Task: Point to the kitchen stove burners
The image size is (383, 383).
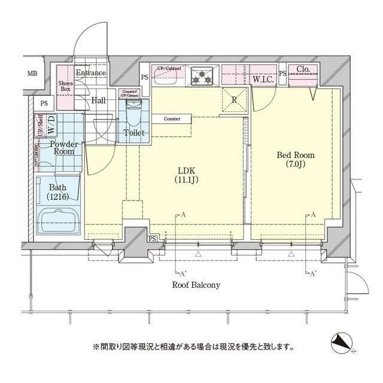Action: [203, 75]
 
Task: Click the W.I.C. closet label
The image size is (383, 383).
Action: [263, 78]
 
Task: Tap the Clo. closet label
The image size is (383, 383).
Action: [303, 69]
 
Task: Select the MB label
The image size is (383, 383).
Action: [32, 74]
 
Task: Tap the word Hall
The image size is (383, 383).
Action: [98, 100]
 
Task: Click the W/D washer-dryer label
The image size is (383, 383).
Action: [51, 126]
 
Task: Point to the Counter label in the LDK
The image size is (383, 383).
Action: [172, 119]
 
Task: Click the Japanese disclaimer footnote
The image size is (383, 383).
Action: [193, 346]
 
